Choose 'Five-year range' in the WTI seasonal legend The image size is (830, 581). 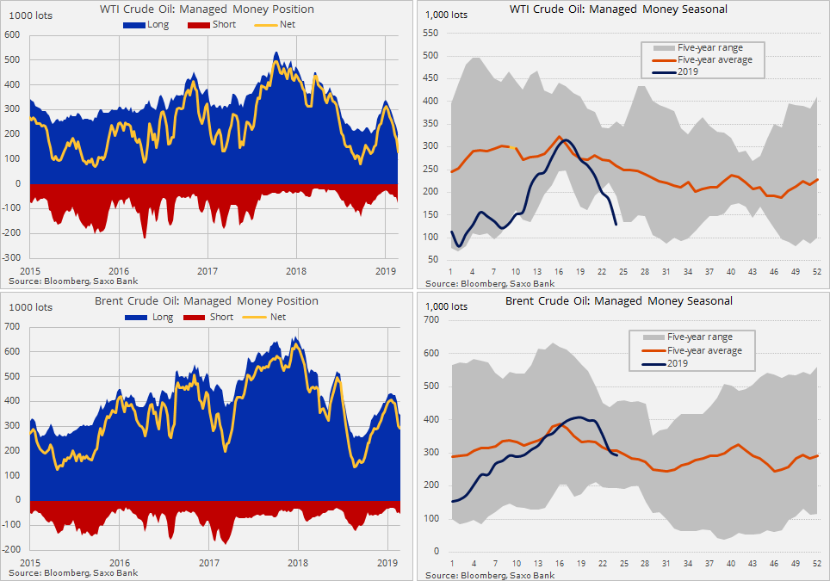point(700,47)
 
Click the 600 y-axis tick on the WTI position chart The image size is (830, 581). point(12,35)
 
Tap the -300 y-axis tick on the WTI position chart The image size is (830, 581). point(12,257)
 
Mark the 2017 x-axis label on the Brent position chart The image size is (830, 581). point(207,562)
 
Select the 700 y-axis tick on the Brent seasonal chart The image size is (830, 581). point(432,319)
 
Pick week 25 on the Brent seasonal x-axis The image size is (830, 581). point(623,564)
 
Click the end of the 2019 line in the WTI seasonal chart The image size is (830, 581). point(616,225)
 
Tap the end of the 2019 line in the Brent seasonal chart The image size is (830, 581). point(617,455)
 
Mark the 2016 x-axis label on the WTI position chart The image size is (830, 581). point(119,269)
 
